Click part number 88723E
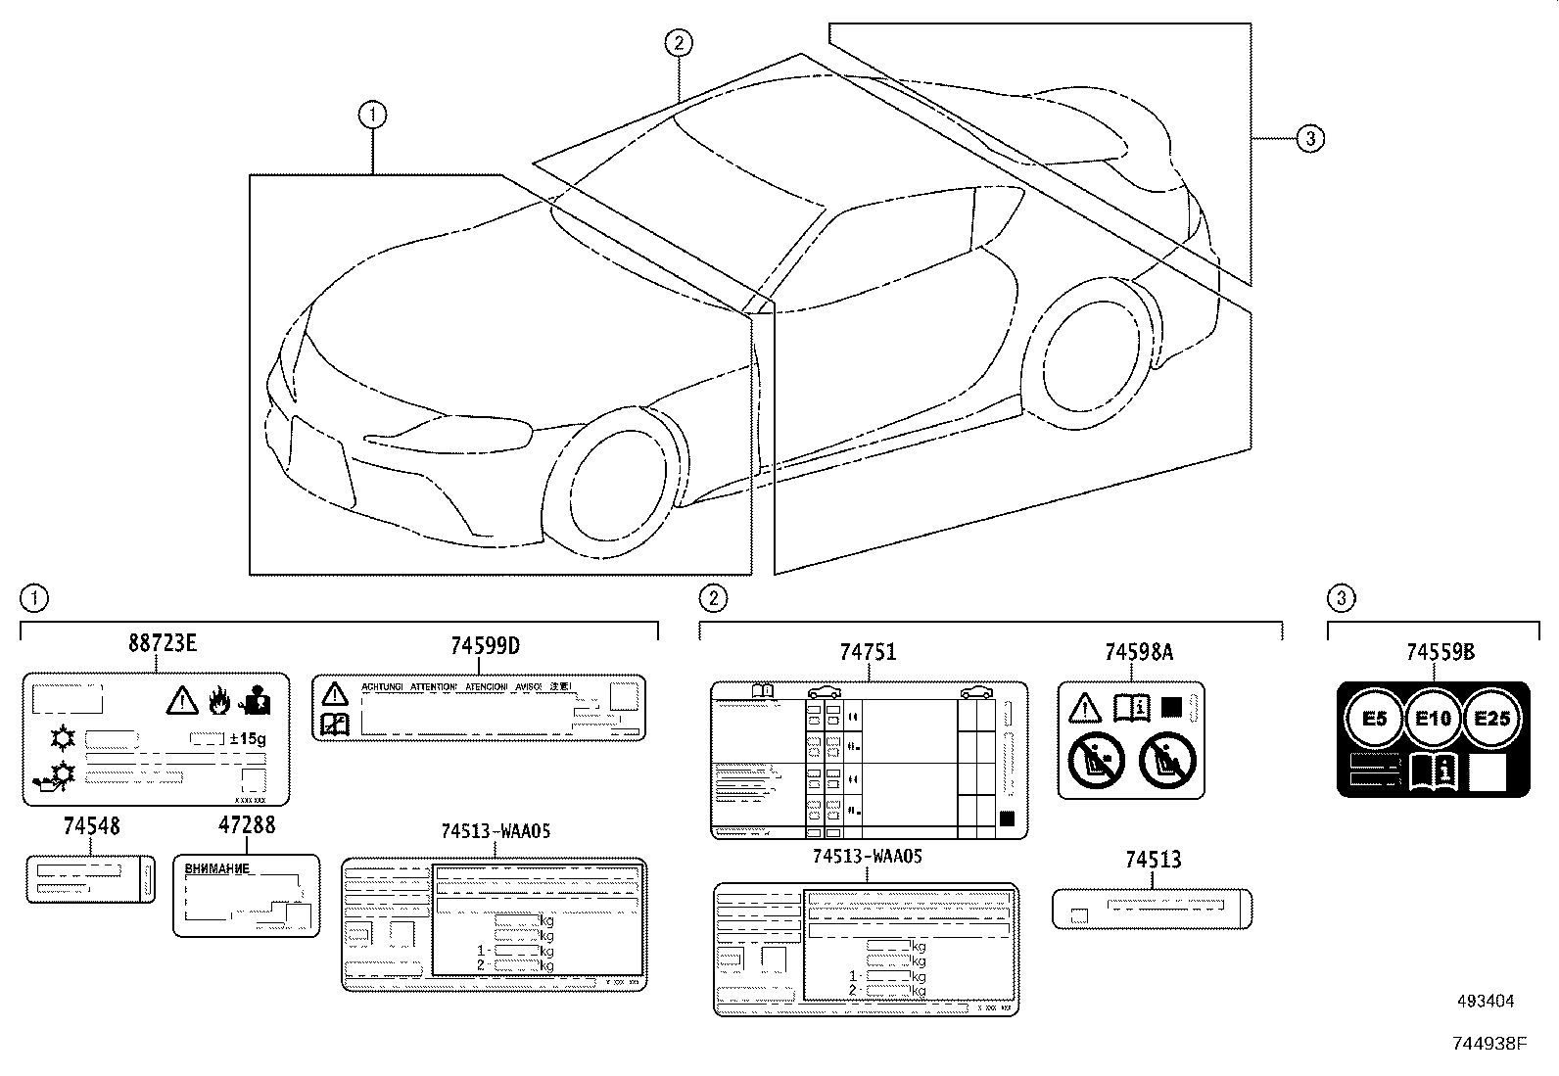click(x=163, y=643)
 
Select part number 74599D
click(x=485, y=646)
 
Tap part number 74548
click(x=91, y=826)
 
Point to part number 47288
click(x=246, y=825)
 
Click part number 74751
click(x=868, y=652)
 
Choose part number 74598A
click(x=1138, y=652)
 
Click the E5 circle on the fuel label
click(x=1375, y=719)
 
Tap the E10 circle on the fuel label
click(x=1433, y=719)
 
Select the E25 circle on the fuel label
click(x=1490, y=719)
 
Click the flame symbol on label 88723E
click(x=218, y=700)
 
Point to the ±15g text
click(x=245, y=737)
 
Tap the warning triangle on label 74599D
click(x=335, y=694)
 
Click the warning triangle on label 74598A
click(x=1085, y=707)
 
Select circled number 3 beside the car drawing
click(x=1310, y=139)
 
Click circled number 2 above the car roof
click(x=678, y=42)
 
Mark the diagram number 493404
click(x=1486, y=1002)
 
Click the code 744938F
click(x=1488, y=1045)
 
